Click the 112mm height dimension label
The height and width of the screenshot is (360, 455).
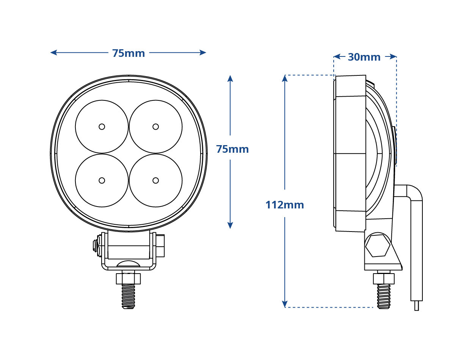click(285, 205)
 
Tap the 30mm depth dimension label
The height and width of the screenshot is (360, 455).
click(364, 57)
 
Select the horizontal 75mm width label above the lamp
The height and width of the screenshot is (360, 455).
click(129, 53)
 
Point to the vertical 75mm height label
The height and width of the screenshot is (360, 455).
click(232, 149)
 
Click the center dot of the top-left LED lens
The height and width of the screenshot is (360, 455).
click(102, 127)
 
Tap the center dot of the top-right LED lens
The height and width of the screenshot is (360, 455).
click(155, 127)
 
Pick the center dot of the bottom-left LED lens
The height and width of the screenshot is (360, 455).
click(102, 180)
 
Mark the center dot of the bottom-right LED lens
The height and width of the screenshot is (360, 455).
click(155, 180)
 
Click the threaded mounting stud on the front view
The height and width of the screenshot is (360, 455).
click(128, 296)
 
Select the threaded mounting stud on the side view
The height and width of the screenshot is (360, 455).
click(384, 296)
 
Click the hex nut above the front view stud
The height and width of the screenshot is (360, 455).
click(128, 279)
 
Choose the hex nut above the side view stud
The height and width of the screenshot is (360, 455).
click(384, 279)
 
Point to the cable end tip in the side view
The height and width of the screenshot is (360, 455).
click(417, 306)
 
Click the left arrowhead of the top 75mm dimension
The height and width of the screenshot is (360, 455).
click(53, 52)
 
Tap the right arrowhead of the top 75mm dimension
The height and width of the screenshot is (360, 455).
click(203, 52)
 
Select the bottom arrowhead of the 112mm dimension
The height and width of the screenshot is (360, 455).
click(285, 304)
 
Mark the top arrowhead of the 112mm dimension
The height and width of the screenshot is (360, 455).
click(285, 78)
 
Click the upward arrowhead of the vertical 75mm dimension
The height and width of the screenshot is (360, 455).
click(230, 78)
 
